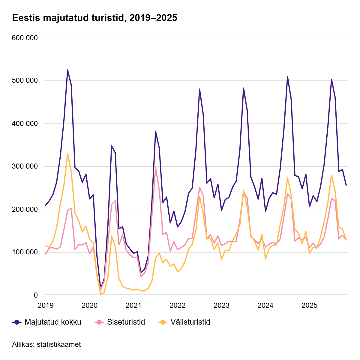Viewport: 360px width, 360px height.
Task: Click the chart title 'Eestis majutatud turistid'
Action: pos(94,18)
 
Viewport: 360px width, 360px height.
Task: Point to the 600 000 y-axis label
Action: pos(25,38)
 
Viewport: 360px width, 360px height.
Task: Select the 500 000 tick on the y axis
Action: pos(25,81)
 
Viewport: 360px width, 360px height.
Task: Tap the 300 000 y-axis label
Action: pos(25,166)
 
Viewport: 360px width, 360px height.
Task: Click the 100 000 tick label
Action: pos(25,252)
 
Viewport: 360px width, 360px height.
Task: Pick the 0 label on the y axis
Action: pos(36,295)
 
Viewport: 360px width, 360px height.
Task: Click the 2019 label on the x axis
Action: pos(46,305)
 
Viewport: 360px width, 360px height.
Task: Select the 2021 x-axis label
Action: pos(133,305)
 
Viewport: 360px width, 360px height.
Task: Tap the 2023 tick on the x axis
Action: pos(221,305)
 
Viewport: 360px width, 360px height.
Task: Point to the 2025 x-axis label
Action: pos(309,305)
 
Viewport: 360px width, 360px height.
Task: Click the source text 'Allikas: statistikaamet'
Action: pos(46,344)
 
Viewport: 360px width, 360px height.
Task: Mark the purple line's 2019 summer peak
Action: pos(67,70)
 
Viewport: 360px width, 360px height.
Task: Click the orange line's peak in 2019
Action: pos(67,154)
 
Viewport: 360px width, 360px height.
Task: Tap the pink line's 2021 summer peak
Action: pos(155,168)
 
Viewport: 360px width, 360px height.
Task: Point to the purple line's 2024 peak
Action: pos(287,77)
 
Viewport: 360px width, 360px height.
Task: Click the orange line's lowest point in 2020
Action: pos(100,294)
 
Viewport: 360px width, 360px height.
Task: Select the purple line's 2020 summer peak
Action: pos(112,146)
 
